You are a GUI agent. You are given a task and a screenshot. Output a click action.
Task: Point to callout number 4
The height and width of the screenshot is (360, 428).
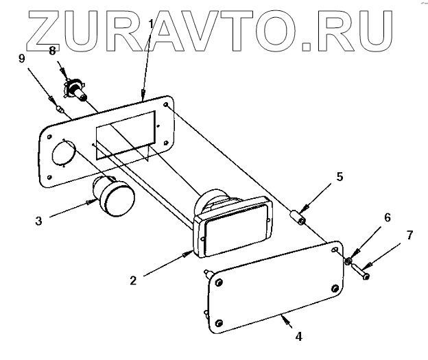pos(298,337)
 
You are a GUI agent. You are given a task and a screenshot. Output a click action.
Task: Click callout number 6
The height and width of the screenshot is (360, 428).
pos(388,217)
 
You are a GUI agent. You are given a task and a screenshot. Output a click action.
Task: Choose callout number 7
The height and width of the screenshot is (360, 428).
pos(410,235)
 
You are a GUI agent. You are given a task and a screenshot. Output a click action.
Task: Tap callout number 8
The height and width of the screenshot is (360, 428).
pos(51,51)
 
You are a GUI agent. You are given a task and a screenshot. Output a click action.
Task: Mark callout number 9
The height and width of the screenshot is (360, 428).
pos(21,58)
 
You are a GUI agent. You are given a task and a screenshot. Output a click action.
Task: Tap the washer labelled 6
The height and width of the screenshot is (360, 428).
pos(350,261)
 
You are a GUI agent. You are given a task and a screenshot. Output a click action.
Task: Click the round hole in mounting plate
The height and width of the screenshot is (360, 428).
pos(62,153)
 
